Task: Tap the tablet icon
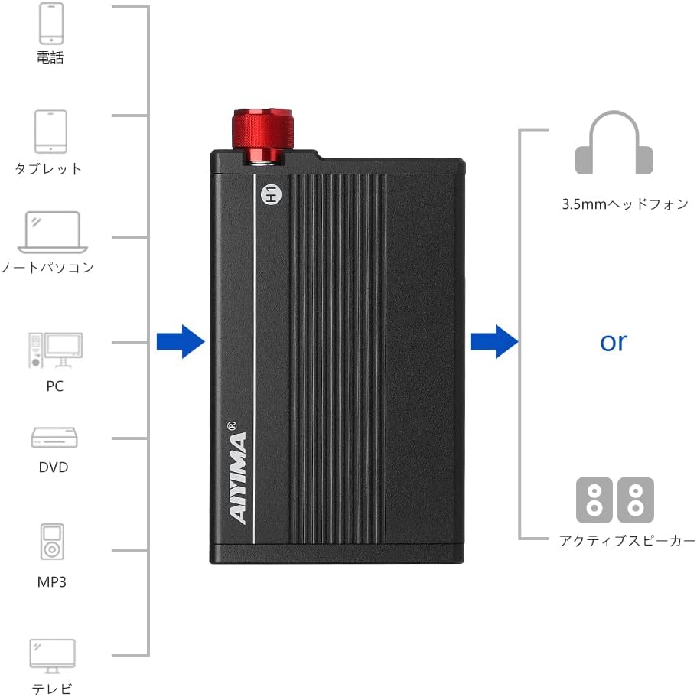pos(50,131)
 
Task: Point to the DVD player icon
pos(55,438)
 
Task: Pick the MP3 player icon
pos(52,542)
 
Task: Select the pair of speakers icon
pos(614,500)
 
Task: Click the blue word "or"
pos(613,342)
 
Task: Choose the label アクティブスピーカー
pos(627,540)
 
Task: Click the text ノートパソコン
pos(47,267)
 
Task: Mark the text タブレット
pos(48,168)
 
